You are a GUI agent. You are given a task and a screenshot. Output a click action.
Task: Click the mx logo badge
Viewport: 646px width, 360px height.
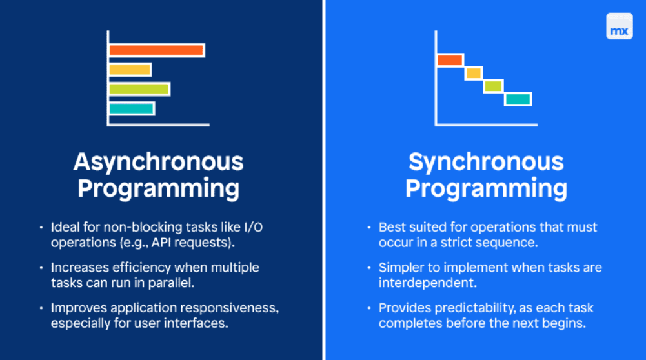619,26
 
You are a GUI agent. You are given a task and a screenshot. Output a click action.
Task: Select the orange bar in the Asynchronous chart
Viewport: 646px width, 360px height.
157,50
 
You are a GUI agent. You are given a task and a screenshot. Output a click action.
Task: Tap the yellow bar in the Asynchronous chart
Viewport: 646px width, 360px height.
130,70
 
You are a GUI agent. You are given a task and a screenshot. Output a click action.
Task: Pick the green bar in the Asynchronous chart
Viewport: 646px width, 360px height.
139,89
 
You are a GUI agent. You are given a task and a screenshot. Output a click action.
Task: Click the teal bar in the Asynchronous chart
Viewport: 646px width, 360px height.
132,108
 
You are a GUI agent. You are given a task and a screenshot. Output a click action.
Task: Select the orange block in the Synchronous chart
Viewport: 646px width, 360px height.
450,60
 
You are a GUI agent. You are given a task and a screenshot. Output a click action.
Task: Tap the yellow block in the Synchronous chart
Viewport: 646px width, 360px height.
474,74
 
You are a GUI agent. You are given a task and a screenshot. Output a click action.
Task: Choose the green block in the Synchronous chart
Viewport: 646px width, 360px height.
493,86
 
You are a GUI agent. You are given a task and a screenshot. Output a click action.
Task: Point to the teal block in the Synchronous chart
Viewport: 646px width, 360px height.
518,99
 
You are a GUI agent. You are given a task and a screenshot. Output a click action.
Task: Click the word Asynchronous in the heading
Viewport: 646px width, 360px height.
158,161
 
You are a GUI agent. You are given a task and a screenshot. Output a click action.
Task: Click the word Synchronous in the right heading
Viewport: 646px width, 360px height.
486,161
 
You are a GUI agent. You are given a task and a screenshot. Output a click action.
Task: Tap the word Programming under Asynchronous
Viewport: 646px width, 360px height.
158,188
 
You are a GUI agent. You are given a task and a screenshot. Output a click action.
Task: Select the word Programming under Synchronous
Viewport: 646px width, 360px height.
486,188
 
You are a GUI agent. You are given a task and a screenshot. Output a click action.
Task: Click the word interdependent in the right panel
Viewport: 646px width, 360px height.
420,283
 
